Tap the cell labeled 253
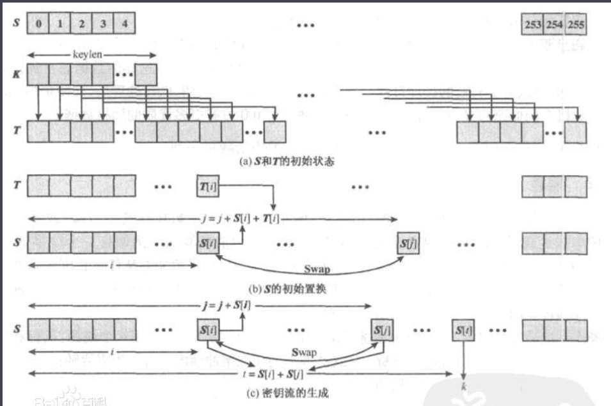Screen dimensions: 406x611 coord(532,25)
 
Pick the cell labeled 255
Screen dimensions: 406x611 coord(576,25)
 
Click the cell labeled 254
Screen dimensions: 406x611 coord(554,25)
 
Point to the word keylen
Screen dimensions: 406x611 coord(92,54)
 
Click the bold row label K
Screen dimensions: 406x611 coord(17,74)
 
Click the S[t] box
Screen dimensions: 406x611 coord(463,331)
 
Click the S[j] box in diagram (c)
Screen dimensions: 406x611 coord(382,331)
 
